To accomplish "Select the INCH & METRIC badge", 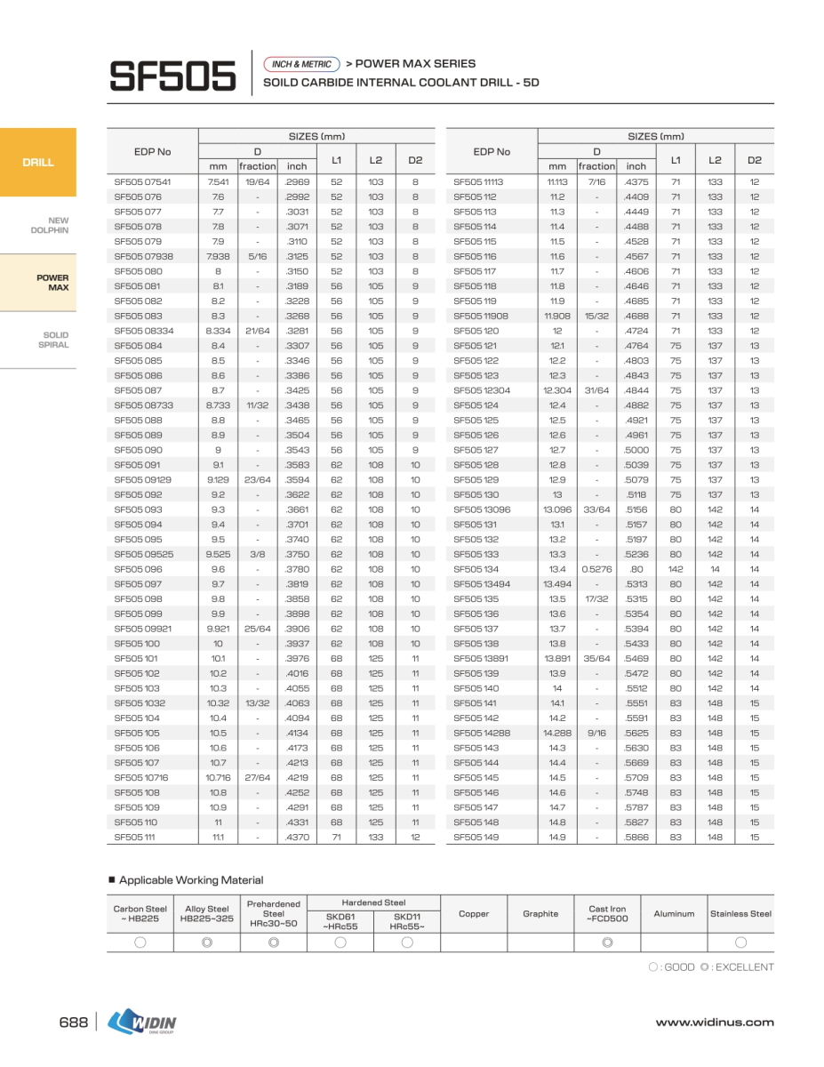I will click(302, 64).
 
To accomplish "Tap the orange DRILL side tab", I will click(38, 163).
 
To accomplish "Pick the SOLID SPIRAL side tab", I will click(54, 340).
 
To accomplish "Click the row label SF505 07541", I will click(142, 181).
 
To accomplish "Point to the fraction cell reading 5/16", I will click(257, 256).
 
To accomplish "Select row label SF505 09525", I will click(141, 554).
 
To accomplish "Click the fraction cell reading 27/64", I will click(257, 777).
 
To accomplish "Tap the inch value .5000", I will click(636, 450).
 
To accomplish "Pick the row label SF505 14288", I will click(482, 733).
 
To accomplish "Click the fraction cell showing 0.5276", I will click(596, 569).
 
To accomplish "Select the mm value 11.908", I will click(557, 316).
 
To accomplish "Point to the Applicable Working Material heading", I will click(191, 880).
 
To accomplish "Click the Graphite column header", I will click(540, 913).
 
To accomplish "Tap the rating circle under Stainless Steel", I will click(740, 943).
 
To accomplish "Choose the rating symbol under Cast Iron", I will click(607, 943).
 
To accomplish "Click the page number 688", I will click(73, 1023).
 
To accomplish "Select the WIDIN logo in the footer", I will click(142, 1023).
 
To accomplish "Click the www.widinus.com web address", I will click(715, 1023).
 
